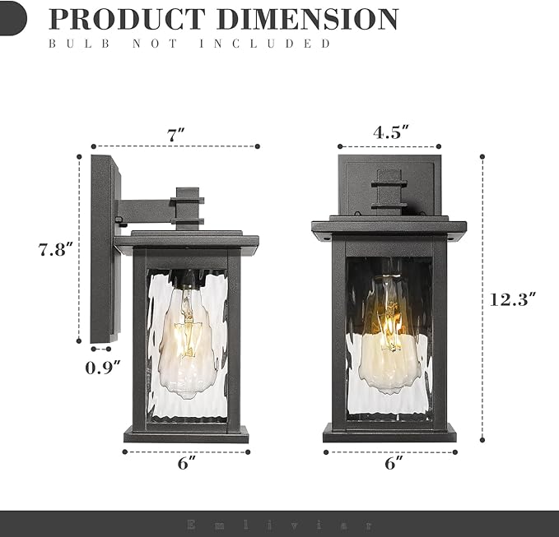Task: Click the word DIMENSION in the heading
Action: pos(309,18)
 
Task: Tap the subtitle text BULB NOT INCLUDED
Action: pos(189,43)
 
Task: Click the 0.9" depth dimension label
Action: pos(103,368)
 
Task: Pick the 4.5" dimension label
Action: pos(391,132)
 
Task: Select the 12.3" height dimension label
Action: pos(513,299)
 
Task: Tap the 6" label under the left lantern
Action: pos(186,464)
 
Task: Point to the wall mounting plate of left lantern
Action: pos(103,247)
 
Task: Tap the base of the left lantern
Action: pos(186,433)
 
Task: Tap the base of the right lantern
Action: pos(389,433)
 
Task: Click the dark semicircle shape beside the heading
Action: pos(12,18)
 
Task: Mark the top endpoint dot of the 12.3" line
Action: pos(482,155)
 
